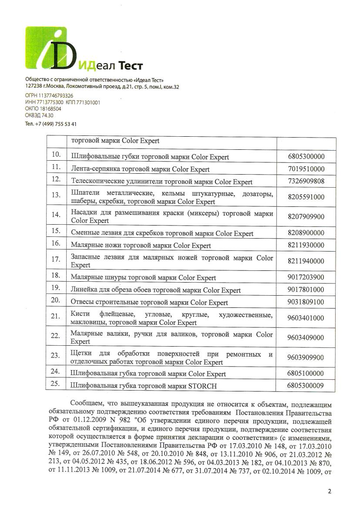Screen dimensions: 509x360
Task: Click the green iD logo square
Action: coord(46,48)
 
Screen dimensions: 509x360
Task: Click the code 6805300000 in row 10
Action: coord(306,157)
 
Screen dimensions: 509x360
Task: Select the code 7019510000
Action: coord(306,169)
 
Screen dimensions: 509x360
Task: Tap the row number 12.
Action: coord(55,179)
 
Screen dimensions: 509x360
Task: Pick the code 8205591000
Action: coord(306,197)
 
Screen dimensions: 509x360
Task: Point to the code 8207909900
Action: coord(306,216)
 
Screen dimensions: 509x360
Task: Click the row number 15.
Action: coord(55,231)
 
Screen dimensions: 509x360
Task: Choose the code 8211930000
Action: coord(306,245)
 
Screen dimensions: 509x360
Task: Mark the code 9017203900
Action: coord(306,277)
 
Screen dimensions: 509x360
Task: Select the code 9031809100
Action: coord(306,302)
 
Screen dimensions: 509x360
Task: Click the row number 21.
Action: coord(55,317)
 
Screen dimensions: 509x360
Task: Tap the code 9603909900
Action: coord(306,357)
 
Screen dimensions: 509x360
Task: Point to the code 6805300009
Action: coord(306,386)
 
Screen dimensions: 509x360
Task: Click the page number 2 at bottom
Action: coord(330,492)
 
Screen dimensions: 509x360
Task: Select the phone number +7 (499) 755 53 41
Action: coord(55,124)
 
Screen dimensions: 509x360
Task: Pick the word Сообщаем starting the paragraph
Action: coord(85,405)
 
